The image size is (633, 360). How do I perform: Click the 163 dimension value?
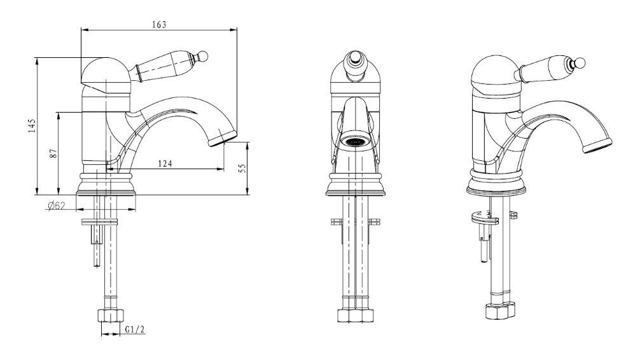pos(159,25)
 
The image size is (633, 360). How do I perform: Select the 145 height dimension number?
pos(32,126)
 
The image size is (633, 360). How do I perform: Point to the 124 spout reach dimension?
pos(165,163)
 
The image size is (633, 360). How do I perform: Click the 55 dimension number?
pos(242,169)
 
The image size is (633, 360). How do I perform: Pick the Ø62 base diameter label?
pos(56,206)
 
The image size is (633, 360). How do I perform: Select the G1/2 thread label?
pos(135,329)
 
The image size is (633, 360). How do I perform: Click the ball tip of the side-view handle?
pos(203,55)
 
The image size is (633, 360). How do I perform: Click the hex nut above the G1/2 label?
pos(110,315)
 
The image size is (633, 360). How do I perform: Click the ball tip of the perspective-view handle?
pos(580,62)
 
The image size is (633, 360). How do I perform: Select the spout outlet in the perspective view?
pos(597,145)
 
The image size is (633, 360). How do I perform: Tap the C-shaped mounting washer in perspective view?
pos(484,218)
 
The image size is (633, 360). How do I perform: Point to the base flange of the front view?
pos(355,184)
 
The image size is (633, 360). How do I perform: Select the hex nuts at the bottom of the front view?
pos(355,315)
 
